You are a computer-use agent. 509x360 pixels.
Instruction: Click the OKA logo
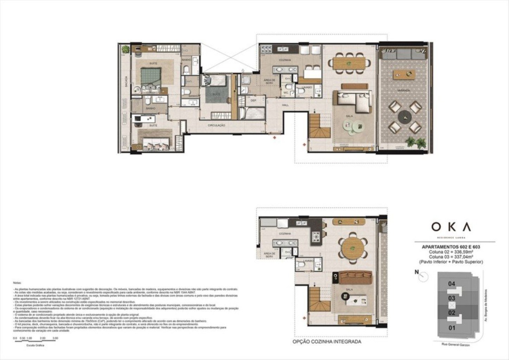click(451, 227)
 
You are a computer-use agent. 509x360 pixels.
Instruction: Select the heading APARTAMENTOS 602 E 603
click(451, 247)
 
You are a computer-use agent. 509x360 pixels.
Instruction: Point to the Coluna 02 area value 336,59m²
click(451, 252)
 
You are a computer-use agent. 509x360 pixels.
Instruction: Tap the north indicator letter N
click(417, 272)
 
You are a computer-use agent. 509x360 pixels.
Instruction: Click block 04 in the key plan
click(452, 284)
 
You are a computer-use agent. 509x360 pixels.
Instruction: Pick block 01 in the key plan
click(452, 328)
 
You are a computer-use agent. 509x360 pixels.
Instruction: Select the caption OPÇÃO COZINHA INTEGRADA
click(327, 341)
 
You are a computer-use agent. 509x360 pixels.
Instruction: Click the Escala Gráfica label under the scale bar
click(35, 345)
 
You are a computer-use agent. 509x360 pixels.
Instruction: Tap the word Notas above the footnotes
click(17, 283)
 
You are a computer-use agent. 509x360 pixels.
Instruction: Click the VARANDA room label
click(403, 91)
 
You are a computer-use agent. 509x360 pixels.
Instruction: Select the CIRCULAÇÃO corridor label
click(217, 126)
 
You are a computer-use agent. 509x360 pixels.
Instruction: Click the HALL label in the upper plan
click(285, 105)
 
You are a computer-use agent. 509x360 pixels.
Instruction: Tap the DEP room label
click(253, 101)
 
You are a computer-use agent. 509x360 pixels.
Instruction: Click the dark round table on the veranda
click(404, 117)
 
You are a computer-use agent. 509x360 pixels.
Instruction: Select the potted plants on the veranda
click(415, 142)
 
